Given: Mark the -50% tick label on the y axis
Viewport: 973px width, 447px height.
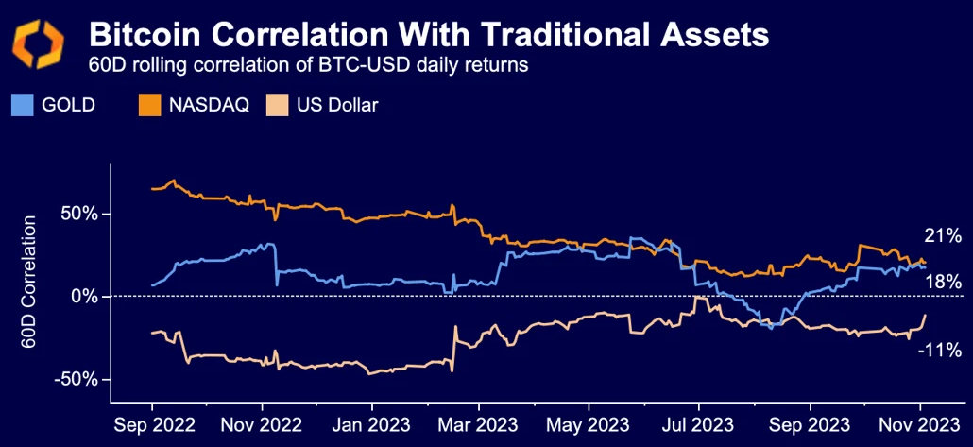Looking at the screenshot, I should pyautogui.click(x=77, y=379).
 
